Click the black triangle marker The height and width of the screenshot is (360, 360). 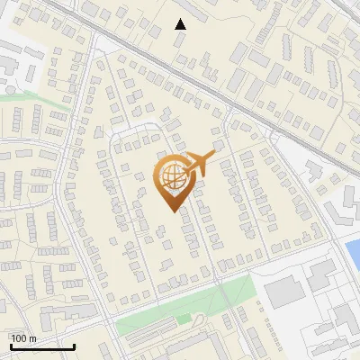point(181,24)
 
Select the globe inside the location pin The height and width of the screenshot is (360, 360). point(171,178)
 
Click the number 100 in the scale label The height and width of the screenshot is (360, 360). point(19,338)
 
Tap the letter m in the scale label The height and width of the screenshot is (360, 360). point(33,338)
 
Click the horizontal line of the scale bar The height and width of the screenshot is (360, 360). point(41,346)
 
